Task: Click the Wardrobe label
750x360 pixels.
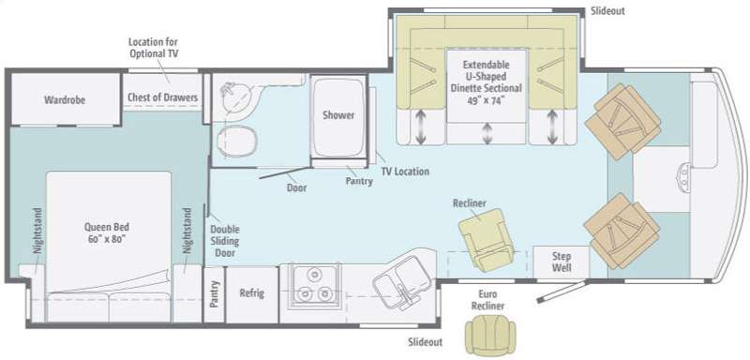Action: point(65,100)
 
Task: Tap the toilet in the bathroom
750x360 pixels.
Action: point(237,142)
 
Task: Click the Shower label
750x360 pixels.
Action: point(338,115)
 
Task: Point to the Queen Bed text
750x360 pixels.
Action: point(107,232)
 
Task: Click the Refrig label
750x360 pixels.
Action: point(251,293)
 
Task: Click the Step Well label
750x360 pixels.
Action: point(561,262)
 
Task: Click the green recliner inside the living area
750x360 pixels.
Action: point(486,240)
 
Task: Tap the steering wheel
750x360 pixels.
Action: point(684,176)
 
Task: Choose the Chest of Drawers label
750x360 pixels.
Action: point(162,97)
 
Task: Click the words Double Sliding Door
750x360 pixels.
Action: point(225,241)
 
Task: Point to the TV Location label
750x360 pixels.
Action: point(405,172)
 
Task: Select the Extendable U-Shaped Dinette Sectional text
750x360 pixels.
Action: point(487,82)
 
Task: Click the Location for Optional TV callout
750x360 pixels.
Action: point(154,48)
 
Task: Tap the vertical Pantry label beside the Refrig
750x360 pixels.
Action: point(215,294)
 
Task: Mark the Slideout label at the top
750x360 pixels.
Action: point(607,11)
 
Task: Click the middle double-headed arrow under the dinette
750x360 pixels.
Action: point(487,133)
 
